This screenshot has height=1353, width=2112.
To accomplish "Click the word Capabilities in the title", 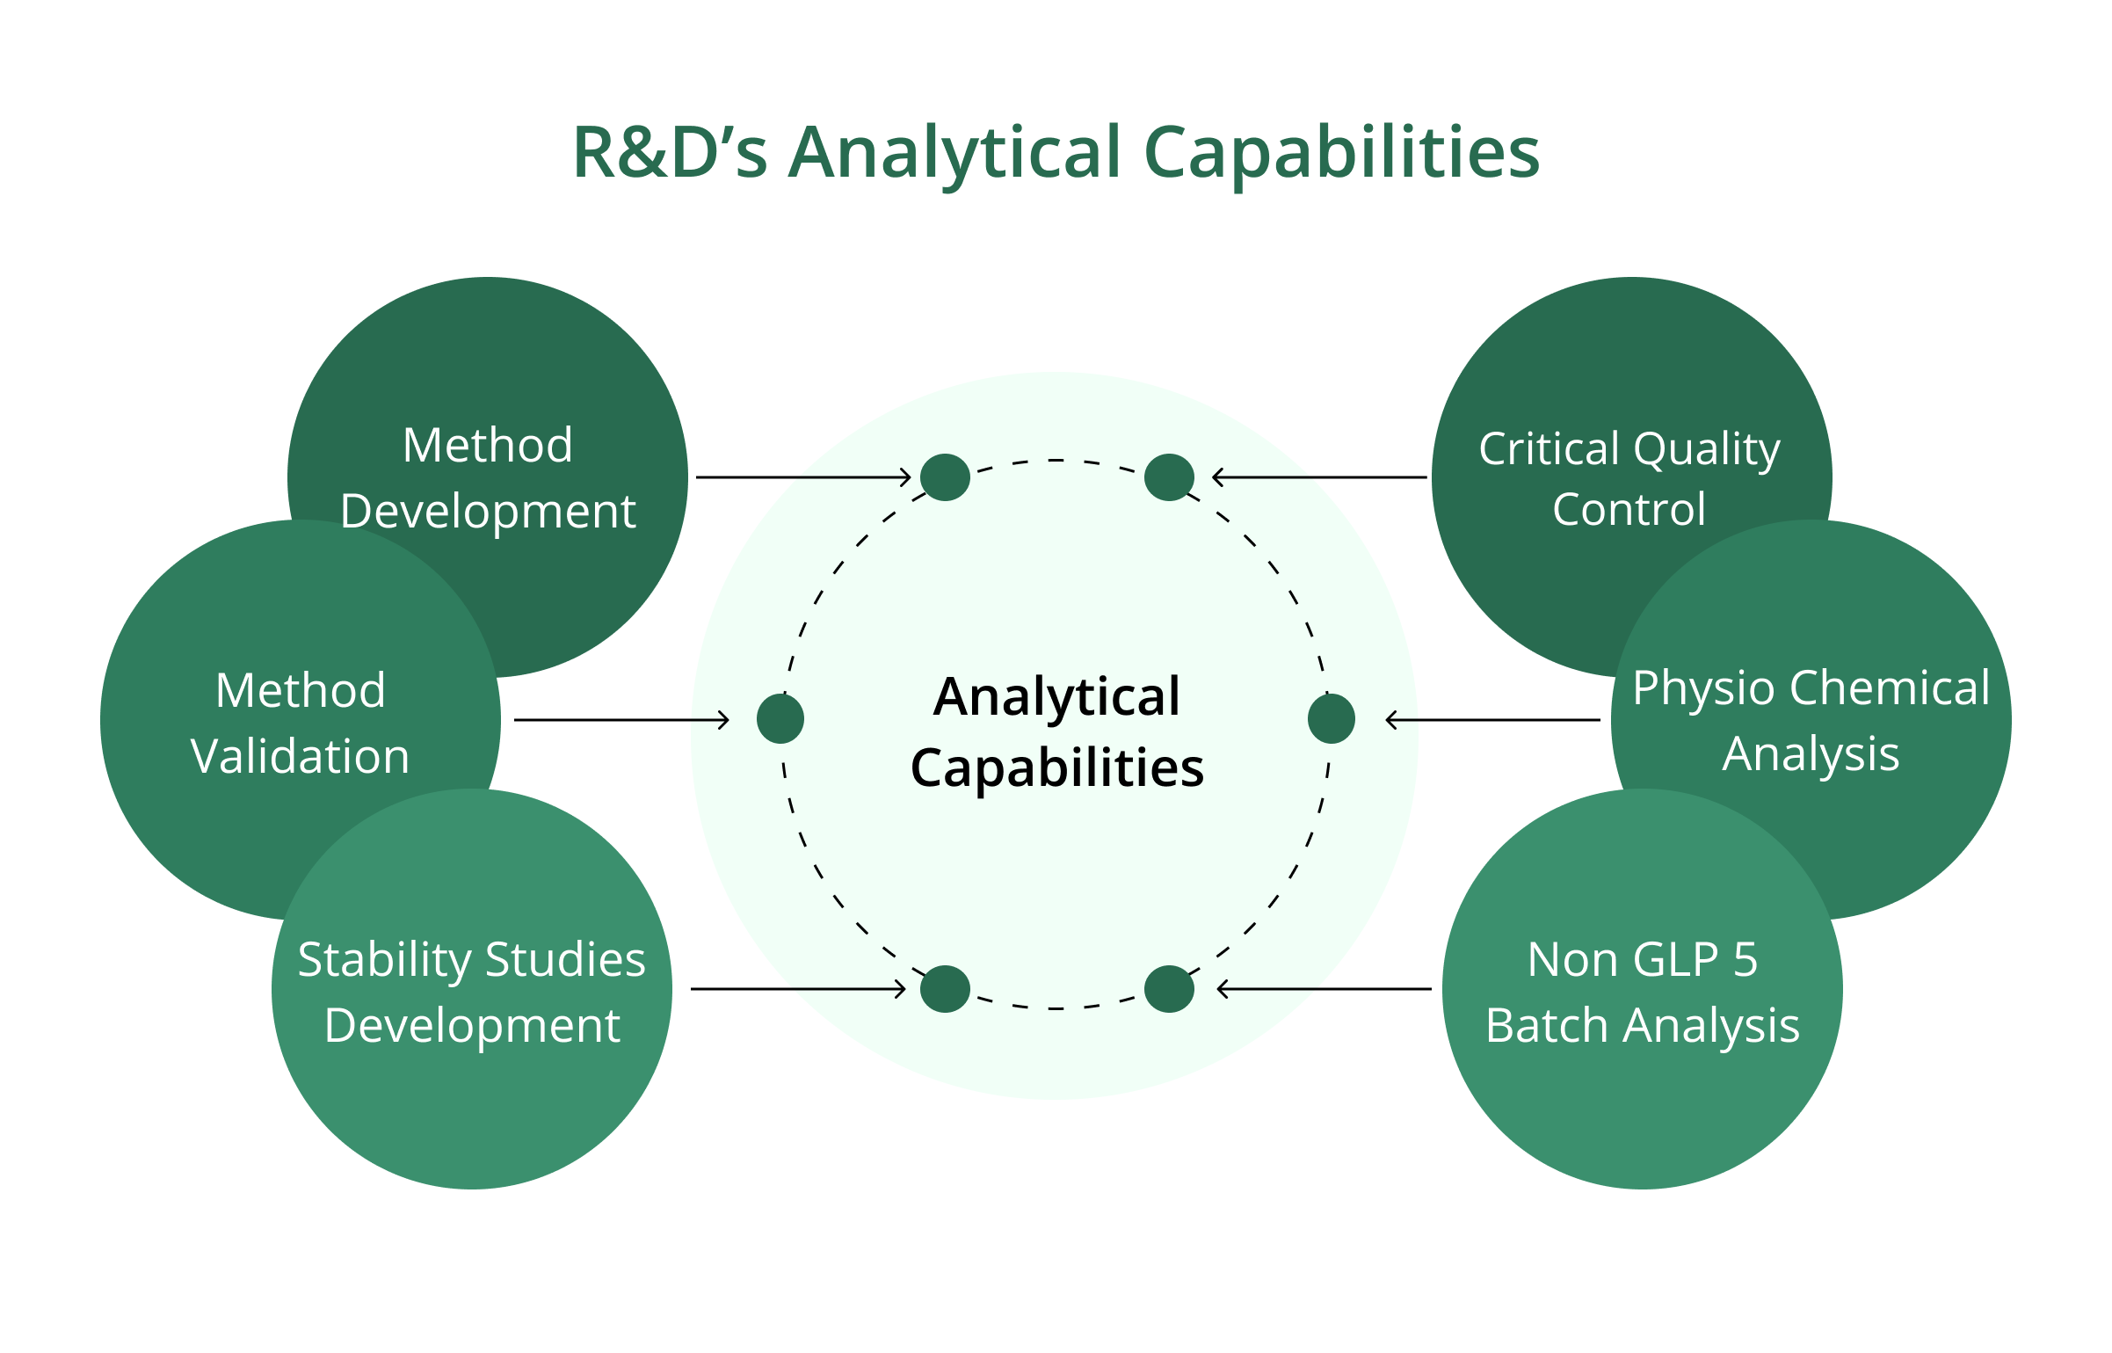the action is pyautogui.click(x=1342, y=154).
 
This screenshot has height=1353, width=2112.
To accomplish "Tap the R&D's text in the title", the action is pyautogui.click(x=670, y=152).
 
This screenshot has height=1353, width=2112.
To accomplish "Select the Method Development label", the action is pyautogui.click(x=488, y=478).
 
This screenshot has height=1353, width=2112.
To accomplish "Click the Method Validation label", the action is pyautogui.click(x=301, y=723).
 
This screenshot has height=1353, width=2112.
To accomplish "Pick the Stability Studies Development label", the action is pyautogui.click(x=472, y=993).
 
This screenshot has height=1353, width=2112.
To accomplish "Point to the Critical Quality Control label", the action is pyautogui.click(x=1629, y=479).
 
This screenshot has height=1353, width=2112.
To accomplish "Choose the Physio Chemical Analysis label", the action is pyautogui.click(x=1811, y=721).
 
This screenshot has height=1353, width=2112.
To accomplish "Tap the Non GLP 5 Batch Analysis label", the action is pyautogui.click(x=1643, y=993).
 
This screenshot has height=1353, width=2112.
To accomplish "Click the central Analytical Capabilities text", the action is pyautogui.click(x=1057, y=732).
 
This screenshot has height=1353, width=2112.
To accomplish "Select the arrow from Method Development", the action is pyautogui.click(x=803, y=477).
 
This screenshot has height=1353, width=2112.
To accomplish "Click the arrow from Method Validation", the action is pyautogui.click(x=621, y=720).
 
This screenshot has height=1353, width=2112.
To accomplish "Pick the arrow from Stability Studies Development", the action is pyautogui.click(x=798, y=989).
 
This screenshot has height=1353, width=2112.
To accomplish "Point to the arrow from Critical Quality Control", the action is pyautogui.click(x=1319, y=477).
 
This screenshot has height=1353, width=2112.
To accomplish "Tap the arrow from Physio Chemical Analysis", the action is pyautogui.click(x=1492, y=720).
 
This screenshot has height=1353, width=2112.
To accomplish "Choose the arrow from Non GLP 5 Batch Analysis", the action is pyautogui.click(x=1324, y=989).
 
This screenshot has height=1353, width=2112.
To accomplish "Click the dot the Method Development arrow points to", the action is pyautogui.click(x=945, y=477).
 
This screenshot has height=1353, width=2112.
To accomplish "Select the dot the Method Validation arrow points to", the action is pyautogui.click(x=780, y=718).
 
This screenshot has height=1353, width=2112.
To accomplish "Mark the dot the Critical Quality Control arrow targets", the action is pyautogui.click(x=1169, y=477).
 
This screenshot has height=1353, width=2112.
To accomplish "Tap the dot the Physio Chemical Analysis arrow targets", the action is pyautogui.click(x=1332, y=718).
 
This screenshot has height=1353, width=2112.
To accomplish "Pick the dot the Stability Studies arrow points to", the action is pyautogui.click(x=945, y=989).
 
